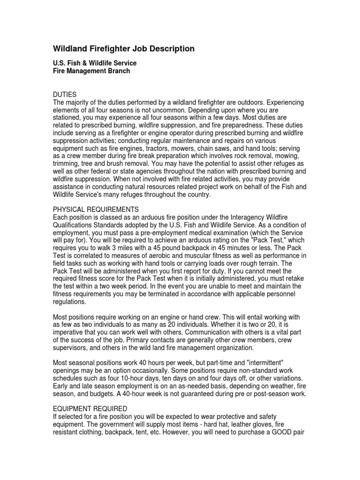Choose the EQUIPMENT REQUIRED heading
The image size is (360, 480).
(90, 409)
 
